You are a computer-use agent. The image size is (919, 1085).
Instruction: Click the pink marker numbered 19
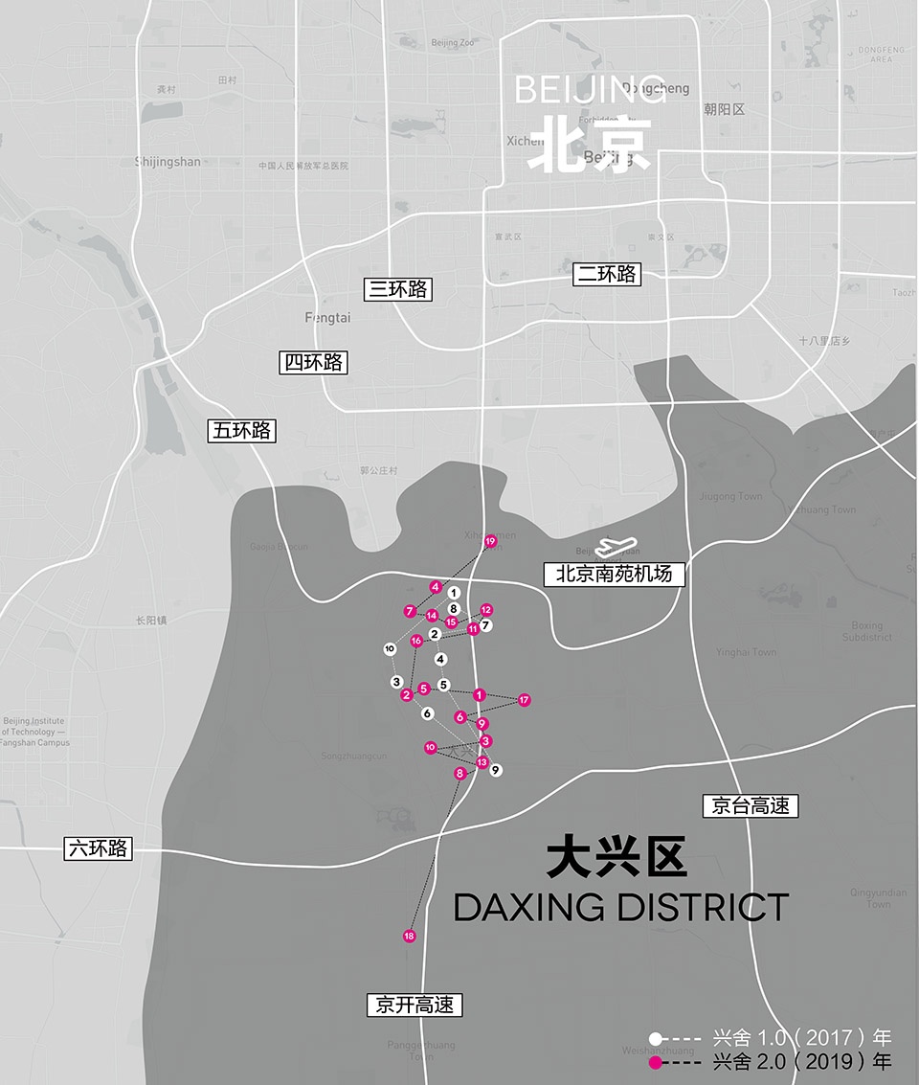coord(490,542)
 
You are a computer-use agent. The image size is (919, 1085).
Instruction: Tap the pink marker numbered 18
coord(410,936)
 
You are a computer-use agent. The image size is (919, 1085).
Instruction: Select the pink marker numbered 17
coord(525,701)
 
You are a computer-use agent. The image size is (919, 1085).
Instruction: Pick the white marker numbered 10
coord(390,649)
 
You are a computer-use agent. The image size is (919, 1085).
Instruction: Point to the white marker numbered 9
coord(496,769)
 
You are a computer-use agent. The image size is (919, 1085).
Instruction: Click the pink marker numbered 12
coord(486,610)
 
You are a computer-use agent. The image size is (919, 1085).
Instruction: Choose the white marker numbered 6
coord(428,713)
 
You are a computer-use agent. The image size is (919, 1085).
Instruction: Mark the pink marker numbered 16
coord(416,641)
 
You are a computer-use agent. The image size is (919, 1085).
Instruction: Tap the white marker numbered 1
coord(454,593)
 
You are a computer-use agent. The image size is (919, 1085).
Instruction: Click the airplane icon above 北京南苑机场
coord(615,548)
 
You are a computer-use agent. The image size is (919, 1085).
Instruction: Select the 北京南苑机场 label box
coord(615,575)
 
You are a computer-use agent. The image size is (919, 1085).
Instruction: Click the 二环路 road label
coord(607,275)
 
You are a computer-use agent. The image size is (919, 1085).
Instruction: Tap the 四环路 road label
coord(313,363)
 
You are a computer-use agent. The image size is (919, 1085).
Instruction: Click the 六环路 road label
coord(98,848)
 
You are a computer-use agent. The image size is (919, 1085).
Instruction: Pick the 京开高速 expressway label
coord(415,1006)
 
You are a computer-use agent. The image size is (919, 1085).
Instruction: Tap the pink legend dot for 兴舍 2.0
coord(656,1062)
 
